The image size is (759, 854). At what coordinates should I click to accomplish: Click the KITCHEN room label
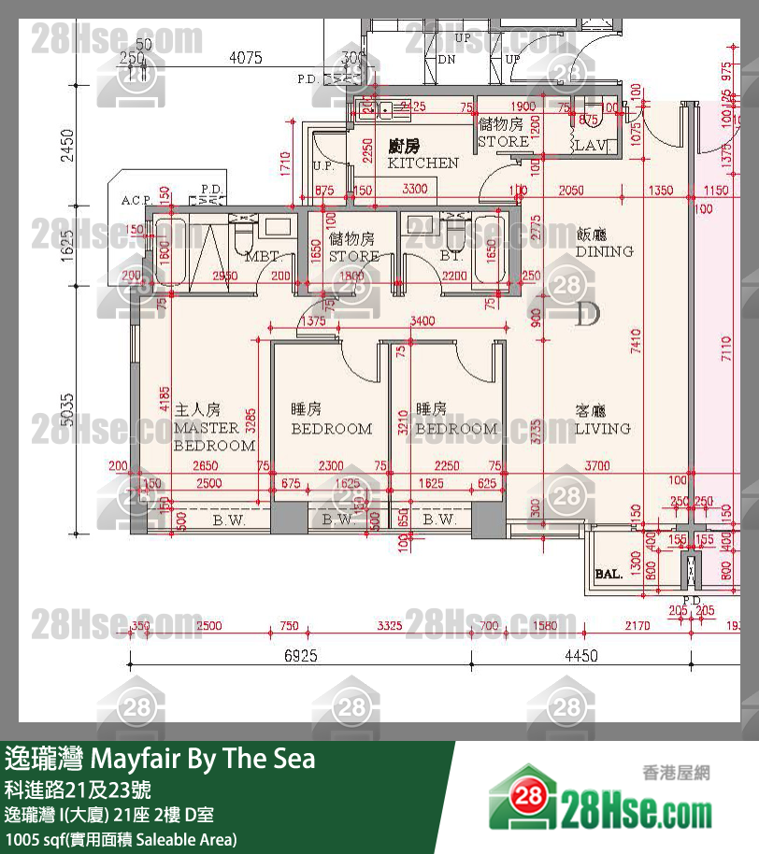(x=423, y=163)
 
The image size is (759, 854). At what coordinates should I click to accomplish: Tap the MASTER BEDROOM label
(x=214, y=436)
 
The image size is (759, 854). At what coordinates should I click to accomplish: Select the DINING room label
(x=604, y=251)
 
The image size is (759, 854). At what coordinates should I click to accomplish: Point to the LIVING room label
(x=602, y=429)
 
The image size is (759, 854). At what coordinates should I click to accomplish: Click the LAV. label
(x=591, y=145)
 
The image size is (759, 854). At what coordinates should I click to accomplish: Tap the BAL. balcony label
(x=609, y=575)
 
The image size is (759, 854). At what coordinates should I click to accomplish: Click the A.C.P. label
(x=136, y=201)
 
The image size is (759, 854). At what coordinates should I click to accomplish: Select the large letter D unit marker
(x=587, y=314)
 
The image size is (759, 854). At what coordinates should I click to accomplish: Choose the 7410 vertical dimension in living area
(x=636, y=355)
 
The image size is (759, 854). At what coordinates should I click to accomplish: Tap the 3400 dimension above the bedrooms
(x=422, y=321)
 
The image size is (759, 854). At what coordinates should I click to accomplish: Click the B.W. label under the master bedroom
(x=228, y=520)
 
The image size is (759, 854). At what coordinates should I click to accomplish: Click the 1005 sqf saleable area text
(x=122, y=838)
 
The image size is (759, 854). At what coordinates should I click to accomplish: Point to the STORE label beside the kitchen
(x=503, y=142)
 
